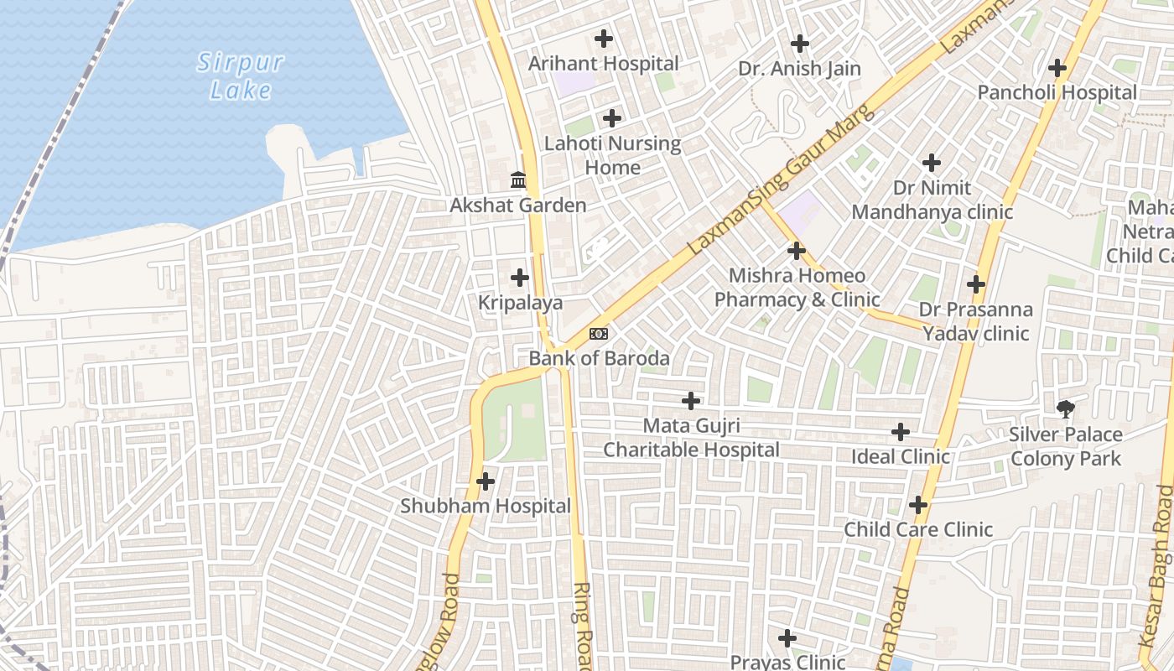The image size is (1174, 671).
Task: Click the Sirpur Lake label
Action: (241, 75)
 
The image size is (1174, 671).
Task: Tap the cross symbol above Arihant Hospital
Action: (603, 39)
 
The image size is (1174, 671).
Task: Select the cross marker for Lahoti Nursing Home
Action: (612, 118)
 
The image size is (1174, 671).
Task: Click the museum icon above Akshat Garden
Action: (518, 179)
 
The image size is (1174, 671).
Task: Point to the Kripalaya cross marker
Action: (520, 277)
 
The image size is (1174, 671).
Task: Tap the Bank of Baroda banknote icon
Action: (598, 334)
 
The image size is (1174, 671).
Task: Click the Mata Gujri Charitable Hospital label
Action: (691, 438)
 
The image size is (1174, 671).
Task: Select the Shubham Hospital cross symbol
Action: (485, 481)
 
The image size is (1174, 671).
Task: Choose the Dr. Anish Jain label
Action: (799, 69)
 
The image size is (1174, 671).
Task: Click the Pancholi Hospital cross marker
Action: (1057, 68)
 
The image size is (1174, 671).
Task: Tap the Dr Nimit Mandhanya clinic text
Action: (932, 200)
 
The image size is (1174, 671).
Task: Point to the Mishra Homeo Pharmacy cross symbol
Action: (796, 250)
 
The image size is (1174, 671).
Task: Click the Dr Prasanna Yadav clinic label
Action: (975, 321)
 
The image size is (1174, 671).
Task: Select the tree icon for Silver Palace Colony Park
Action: (1065, 409)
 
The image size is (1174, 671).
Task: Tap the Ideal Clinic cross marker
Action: (900, 432)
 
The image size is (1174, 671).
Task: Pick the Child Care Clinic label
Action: (917, 529)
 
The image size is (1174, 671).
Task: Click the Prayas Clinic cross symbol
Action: (787, 638)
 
